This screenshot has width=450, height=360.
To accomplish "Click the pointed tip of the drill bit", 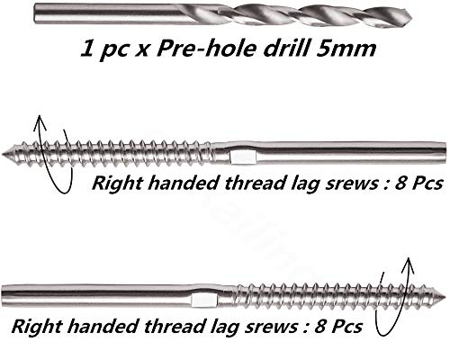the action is pos(411,14).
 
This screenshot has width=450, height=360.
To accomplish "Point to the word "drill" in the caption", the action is pos(286,49).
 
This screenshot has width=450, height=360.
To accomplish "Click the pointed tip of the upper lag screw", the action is pos(3,154).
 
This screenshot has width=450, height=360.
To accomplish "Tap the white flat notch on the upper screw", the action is pos(243,157).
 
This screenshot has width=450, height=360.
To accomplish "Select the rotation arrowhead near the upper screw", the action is pos(40,123).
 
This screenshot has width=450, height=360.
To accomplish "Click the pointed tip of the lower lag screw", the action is pos(447,297).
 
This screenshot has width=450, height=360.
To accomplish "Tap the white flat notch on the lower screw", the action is pos(204,301).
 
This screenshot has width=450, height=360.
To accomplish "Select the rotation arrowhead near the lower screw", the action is pos(408,265).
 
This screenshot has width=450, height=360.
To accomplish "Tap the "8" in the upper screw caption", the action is pos(401,183).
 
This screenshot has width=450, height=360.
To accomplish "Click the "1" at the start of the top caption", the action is pos(87,49).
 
